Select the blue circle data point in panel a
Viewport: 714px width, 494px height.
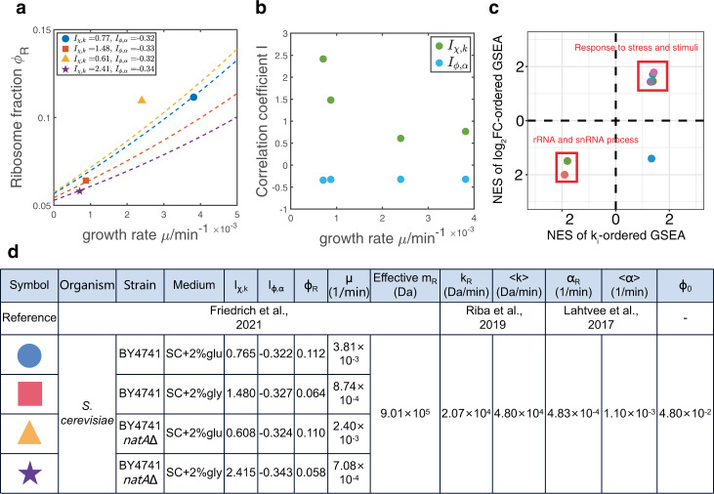tap(192, 97)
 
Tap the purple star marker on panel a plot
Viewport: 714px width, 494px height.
tap(79, 190)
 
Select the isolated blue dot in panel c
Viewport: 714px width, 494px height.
tap(651, 158)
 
